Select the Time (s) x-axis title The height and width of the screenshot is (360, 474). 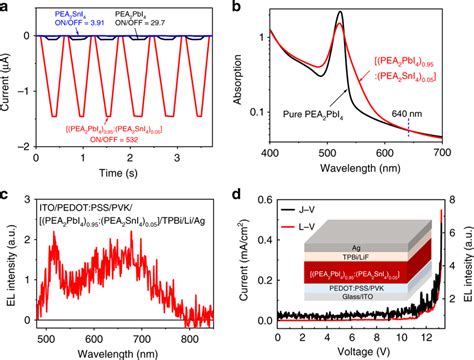tap(127, 171)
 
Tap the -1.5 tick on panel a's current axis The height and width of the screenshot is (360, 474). tap(22, 116)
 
